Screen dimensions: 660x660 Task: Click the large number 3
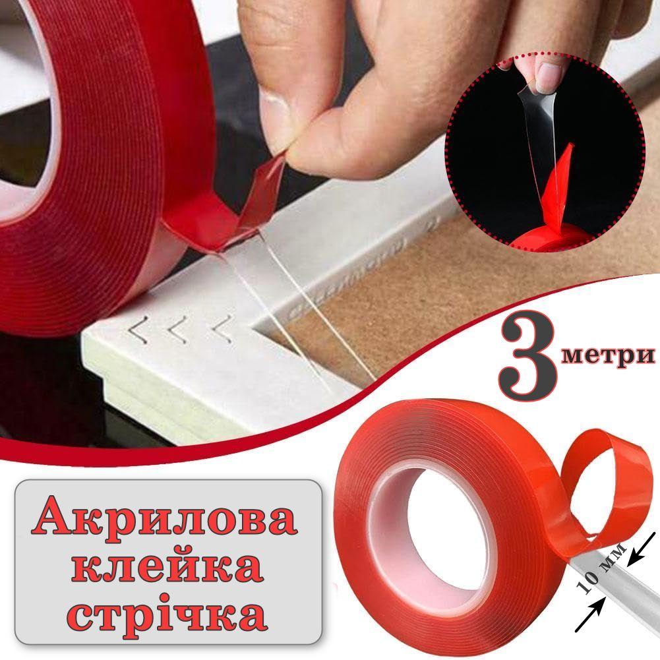pos(529,361)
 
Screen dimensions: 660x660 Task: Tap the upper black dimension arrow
pos(642,548)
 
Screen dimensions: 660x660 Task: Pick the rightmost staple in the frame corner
pos(223,329)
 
